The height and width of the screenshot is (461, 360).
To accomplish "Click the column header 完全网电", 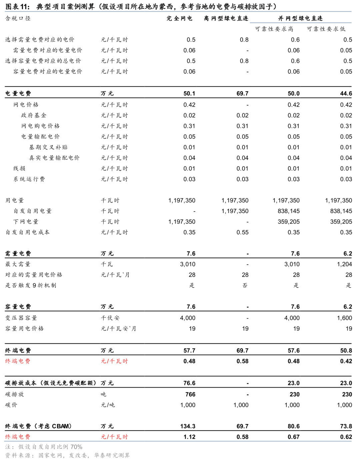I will pos(179,18).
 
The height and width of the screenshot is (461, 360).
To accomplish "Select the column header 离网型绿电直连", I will pos(226,18).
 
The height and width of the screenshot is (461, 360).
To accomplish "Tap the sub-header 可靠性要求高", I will pos(274,29).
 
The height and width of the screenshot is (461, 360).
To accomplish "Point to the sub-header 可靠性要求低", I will pos(326,29).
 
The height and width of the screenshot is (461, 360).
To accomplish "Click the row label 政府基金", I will pos(34,115).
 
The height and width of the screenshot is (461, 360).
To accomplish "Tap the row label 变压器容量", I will pos(21,318).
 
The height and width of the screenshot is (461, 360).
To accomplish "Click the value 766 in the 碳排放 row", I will pos(190,394).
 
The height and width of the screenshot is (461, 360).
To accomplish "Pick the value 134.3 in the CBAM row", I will pos(188,426).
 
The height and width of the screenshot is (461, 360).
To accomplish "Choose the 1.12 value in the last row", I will pos(189,437).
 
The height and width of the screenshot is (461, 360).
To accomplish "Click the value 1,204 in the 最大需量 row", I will pos(344,264).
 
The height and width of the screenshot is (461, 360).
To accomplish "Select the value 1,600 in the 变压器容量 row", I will pos(344,318).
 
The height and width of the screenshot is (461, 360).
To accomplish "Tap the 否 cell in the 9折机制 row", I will pos(245,285).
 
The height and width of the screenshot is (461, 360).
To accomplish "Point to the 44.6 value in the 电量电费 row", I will pos(346,94).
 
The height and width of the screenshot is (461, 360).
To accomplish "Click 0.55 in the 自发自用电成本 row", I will pos(242,232).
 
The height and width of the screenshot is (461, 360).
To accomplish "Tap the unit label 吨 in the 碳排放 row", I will pos(104,394).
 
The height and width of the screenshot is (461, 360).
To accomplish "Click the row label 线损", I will pos(19,169).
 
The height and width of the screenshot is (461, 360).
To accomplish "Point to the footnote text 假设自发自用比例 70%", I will pos(50,447).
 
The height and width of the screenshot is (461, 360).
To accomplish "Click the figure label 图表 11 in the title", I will pos(17,6).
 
